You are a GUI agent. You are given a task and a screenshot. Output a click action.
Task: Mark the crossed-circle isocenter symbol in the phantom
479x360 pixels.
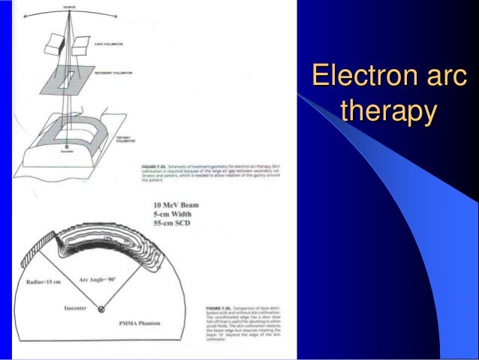click(102, 310)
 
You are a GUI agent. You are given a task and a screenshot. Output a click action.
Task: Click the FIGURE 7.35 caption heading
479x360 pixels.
click(153, 165)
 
